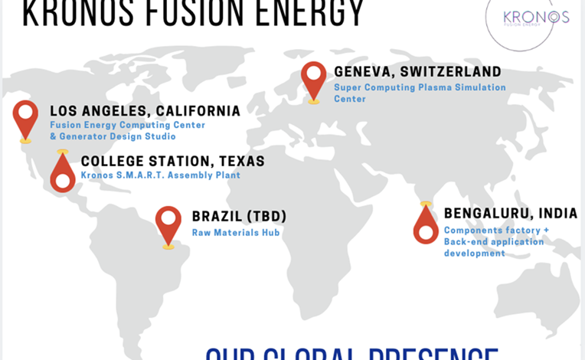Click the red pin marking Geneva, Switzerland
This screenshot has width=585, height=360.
point(314,79)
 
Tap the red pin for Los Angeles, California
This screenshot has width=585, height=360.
point(26,117)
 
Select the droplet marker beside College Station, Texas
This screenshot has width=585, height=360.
point(63,174)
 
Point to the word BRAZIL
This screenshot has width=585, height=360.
point(217,217)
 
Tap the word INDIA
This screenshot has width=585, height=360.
point(557,214)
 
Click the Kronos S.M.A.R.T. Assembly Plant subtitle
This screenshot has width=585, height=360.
point(161,175)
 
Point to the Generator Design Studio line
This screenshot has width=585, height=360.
point(113,136)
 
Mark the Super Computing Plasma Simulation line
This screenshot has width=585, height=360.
point(420,87)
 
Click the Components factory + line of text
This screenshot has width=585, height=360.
point(496,230)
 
